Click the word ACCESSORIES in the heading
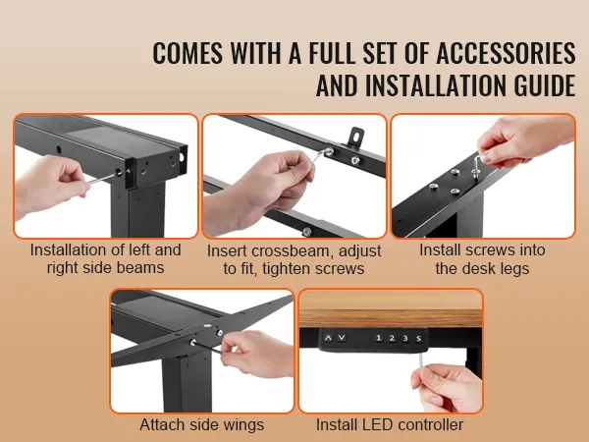(506, 53)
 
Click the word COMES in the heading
(187, 53)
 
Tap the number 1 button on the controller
(378, 338)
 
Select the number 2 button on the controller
(392, 338)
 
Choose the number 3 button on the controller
(405, 338)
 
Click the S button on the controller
(419, 338)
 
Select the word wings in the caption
(243, 425)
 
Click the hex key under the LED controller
(421, 360)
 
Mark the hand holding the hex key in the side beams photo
(51, 185)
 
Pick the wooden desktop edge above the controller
(391, 309)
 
